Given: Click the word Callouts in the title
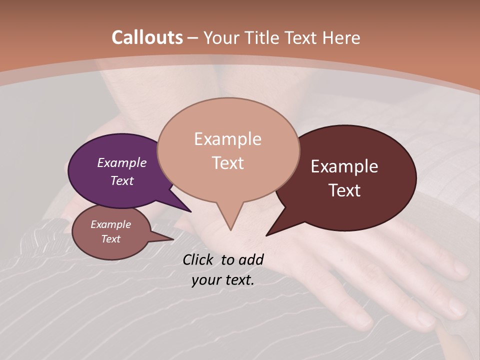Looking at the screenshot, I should click(x=147, y=37).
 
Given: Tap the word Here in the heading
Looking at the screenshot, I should click(x=342, y=37).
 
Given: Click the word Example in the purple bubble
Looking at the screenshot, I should click(x=122, y=162).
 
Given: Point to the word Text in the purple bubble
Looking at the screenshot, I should click(x=122, y=180).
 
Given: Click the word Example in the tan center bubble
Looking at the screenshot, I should click(x=227, y=139).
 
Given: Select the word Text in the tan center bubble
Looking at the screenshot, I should click(x=228, y=163).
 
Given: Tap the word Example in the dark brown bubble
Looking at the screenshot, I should click(x=344, y=166).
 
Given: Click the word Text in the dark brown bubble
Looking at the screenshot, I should click(x=345, y=190).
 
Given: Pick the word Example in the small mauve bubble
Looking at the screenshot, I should click(x=110, y=224).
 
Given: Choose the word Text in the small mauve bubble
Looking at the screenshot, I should click(x=110, y=239).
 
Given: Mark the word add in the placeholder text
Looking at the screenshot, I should click(x=250, y=259).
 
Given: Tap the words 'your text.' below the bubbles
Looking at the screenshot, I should click(x=223, y=280).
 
